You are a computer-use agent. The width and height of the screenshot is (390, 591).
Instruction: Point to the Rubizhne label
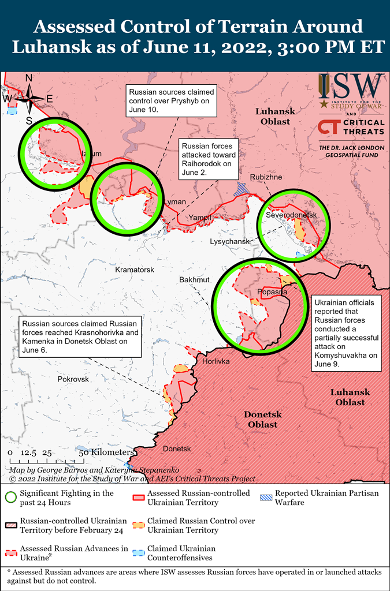[266, 177]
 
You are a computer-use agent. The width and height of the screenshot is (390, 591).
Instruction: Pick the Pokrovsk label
[73, 379]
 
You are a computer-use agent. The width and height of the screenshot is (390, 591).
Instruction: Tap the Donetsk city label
[177, 448]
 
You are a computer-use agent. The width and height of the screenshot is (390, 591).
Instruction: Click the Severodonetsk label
[292, 215]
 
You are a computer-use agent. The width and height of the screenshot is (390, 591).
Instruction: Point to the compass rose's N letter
[29, 78]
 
